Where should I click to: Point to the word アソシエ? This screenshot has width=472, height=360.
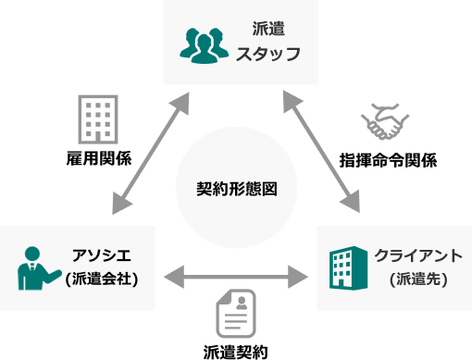point(105,254)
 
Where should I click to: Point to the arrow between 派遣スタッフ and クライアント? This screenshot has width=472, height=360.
point(323,149)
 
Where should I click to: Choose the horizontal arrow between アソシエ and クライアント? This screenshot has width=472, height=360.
point(236,275)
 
